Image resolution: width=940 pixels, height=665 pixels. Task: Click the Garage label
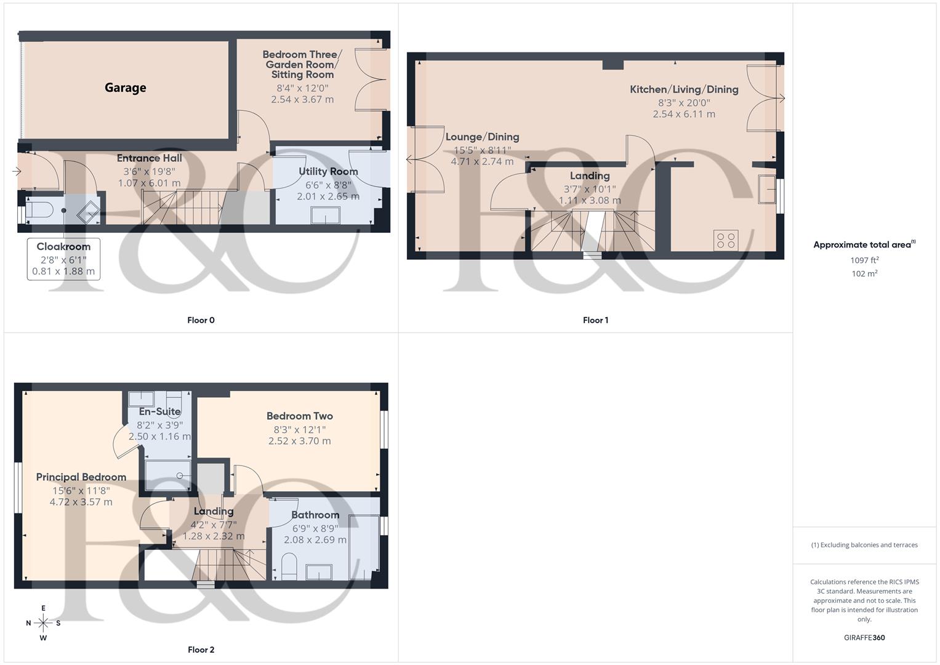click(126, 88)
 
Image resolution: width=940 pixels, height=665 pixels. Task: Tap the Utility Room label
click(328, 172)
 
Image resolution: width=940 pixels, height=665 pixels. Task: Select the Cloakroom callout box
click(63, 259)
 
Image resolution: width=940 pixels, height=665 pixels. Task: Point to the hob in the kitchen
click(726, 240)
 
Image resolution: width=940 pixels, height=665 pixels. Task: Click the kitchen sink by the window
click(766, 189)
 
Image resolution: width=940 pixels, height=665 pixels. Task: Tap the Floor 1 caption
click(595, 320)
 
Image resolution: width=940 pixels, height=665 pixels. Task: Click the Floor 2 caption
click(201, 650)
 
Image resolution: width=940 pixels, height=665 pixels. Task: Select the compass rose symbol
click(43, 623)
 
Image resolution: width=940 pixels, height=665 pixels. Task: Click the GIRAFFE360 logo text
click(864, 638)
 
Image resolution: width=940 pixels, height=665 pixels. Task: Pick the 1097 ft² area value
click(864, 260)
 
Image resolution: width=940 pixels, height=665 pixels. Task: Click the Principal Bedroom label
click(81, 477)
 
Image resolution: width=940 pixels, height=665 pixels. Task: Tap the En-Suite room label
click(159, 412)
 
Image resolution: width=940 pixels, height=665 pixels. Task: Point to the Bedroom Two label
click(300, 416)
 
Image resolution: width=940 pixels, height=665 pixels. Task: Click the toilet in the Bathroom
click(289, 565)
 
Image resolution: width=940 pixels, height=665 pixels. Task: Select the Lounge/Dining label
click(482, 137)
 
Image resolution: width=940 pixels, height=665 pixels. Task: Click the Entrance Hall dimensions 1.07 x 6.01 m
click(150, 183)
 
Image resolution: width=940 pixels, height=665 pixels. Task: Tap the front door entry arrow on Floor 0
click(17, 171)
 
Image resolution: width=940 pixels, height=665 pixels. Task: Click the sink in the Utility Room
click(326, 216)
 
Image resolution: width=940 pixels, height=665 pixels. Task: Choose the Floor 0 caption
click(201, 320)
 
